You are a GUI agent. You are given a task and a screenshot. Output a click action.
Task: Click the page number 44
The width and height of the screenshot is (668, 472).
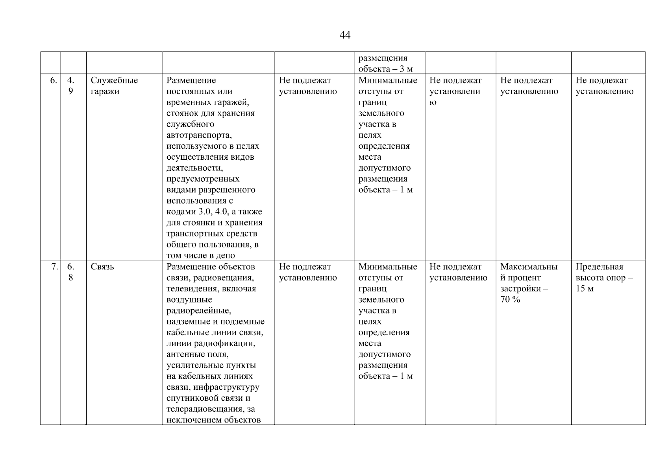coord(345,35)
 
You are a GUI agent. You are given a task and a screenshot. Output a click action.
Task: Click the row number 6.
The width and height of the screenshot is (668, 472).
coord(54,81)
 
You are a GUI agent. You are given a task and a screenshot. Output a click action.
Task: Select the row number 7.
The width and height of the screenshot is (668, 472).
coord(54,267)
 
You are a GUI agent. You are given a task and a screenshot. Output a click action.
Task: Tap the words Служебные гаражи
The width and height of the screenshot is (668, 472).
coord(114,86)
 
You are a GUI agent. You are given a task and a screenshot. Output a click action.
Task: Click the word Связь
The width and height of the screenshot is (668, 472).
coord(102,267)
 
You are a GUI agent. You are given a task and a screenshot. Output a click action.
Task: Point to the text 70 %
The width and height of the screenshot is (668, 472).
coord(510,300)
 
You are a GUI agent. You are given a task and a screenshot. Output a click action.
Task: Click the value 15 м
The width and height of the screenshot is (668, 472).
coord(585,289)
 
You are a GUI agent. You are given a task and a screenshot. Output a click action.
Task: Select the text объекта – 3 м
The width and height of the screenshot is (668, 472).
coord(385,69)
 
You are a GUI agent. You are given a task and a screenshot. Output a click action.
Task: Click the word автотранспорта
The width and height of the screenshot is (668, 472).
coord(199,135)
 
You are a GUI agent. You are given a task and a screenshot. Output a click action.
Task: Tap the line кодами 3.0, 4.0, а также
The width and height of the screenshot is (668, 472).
coord(214,212)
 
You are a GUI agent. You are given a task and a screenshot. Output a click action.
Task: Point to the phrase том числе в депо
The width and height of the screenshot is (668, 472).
coord(201,256)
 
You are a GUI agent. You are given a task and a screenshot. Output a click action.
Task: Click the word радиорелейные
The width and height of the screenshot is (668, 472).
coord(199,311)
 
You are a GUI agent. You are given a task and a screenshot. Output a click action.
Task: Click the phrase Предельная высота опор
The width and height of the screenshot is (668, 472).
coord(604,273)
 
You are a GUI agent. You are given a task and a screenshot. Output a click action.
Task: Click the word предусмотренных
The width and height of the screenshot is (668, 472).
coord(203,179)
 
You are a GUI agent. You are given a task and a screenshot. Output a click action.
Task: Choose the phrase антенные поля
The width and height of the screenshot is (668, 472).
coord(197,354)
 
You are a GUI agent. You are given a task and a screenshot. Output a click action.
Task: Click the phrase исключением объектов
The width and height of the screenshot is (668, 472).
coord(214,420)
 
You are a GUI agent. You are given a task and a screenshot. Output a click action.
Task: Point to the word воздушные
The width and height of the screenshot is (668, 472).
coord(189,300)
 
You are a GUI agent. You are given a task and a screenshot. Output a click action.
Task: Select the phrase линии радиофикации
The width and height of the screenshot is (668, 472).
coord(211,343)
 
